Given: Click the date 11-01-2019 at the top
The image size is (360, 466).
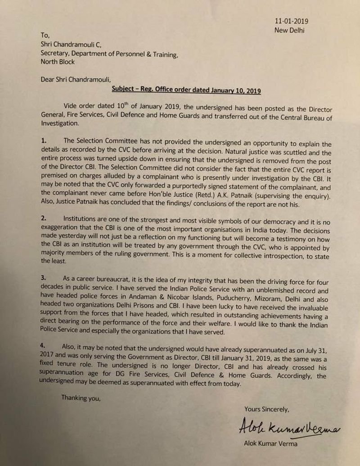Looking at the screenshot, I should tap(292, 21).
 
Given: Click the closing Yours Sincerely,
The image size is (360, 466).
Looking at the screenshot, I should tap(266, 409).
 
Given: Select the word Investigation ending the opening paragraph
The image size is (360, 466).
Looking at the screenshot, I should tap(60, 124).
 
